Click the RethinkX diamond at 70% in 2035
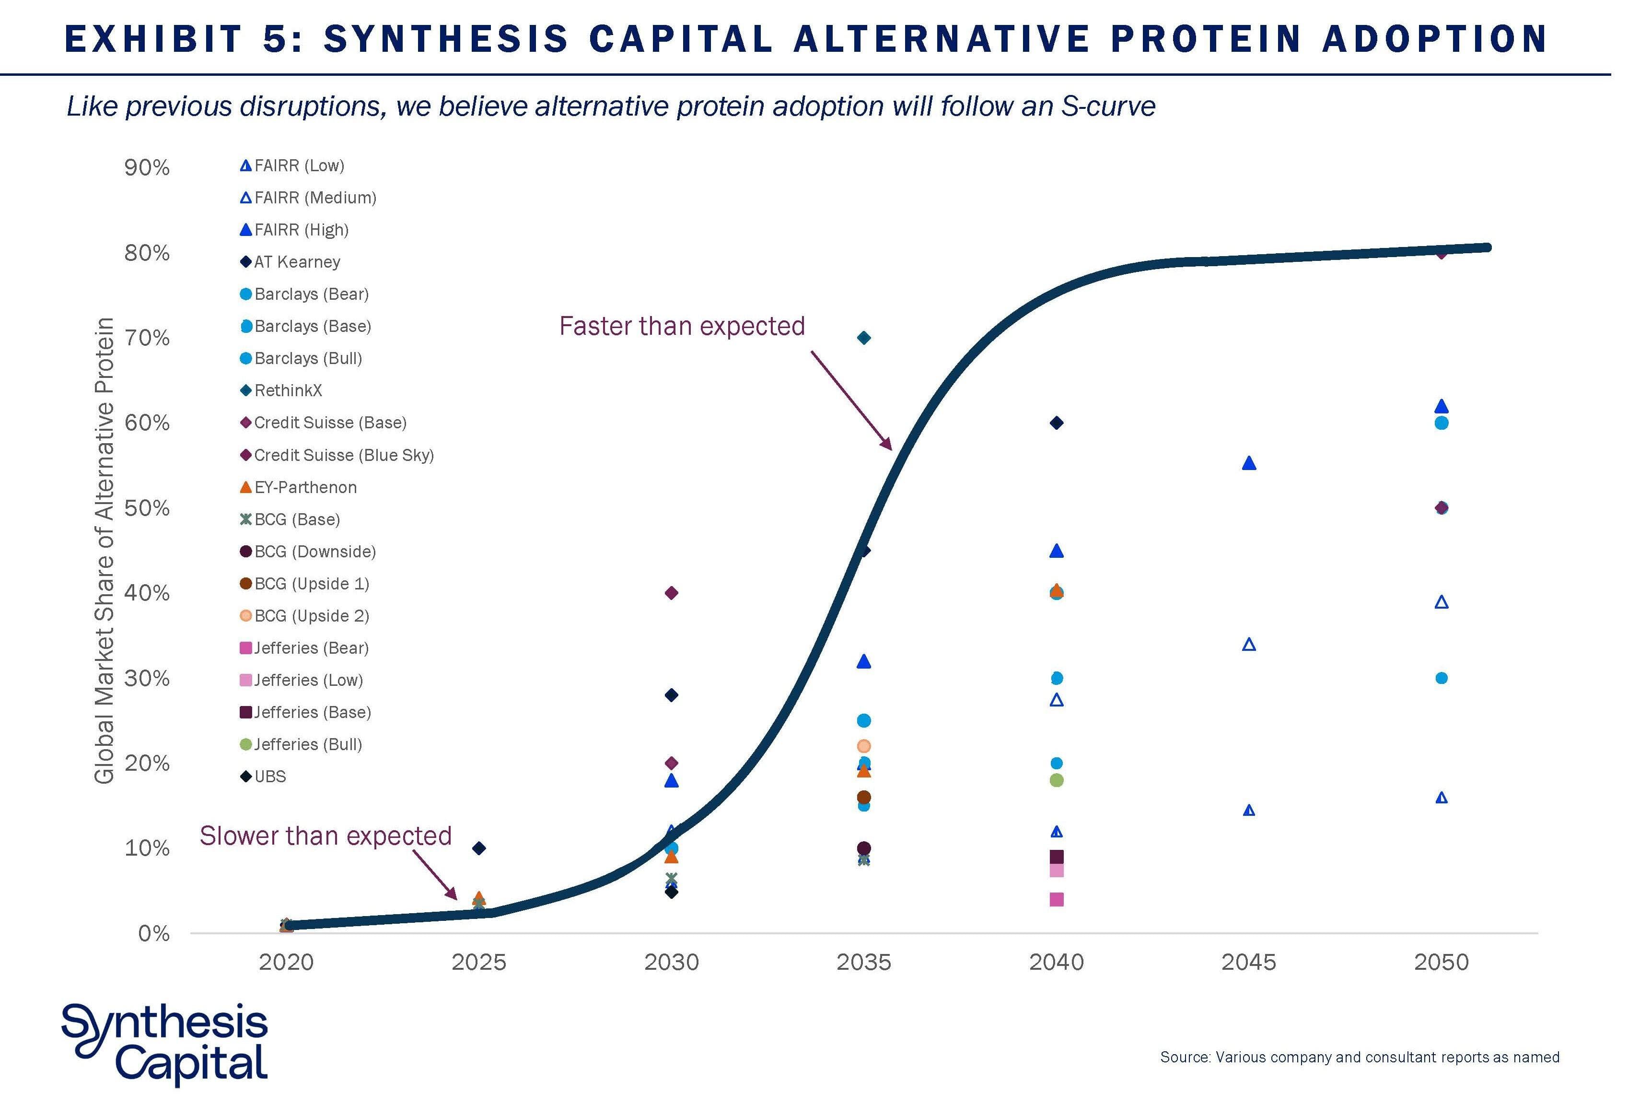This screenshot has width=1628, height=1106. pyautogui.click(x=864, y=338)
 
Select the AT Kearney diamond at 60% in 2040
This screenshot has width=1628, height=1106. pyautogui.click(x=1057, y=423)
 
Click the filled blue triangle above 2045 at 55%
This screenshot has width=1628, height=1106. pyautogui.click(x=1248, y=463)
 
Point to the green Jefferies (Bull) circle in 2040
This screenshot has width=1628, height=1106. pyautogui.click(x=1057, y=780)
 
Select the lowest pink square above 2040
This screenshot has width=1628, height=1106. pyautogui.click(x=1057, y=899)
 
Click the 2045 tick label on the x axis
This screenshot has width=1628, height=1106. pyautogui.click(x=1248, y=962)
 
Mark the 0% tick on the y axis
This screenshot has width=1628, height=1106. pyautogui.click(x=153, y=934)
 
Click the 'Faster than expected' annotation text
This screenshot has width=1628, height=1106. pyautogui.click(x=682, y=326)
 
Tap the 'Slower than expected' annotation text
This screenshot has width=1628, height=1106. pyautogui.click(x=326, y=835)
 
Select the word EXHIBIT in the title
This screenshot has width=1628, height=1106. pyautogui.click(x=153, y=38)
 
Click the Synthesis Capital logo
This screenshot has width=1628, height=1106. pyautogui.click(x=164, y=1044)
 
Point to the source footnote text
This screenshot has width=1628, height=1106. pyautogui.click(x=1359, y=1057)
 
